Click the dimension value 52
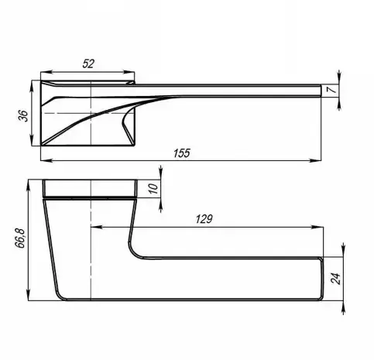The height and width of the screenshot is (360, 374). click(88, 63)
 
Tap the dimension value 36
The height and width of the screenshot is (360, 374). click(22, 116)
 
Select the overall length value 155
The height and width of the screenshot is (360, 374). click(182, 153)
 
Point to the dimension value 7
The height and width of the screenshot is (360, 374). click(332, 90)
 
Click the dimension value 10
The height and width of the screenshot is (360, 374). click(153, 189)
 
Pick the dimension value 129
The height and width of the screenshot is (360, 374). click(204, 219)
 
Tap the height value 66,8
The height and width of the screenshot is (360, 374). click(20, 238)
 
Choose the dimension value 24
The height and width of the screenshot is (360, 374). click(335, 278)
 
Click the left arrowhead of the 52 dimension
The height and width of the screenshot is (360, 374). click(46, 72)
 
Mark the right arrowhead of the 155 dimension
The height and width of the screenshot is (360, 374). click(315, 160)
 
